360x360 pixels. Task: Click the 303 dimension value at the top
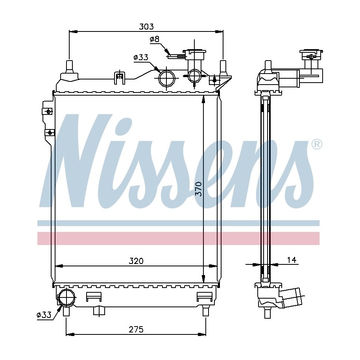tap(146, 27)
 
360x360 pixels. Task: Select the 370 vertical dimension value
tap(198, 189)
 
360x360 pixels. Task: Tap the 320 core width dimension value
tap(136, 261)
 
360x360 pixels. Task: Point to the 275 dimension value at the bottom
tap(136, 329)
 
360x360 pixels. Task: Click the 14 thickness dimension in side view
tap(292, 260)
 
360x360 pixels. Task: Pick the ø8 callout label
tap(155, 39)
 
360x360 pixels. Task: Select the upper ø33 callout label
tap(141, 57)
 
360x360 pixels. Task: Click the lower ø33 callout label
tap(44, 315)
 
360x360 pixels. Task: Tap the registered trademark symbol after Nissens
tap(317, 144)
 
